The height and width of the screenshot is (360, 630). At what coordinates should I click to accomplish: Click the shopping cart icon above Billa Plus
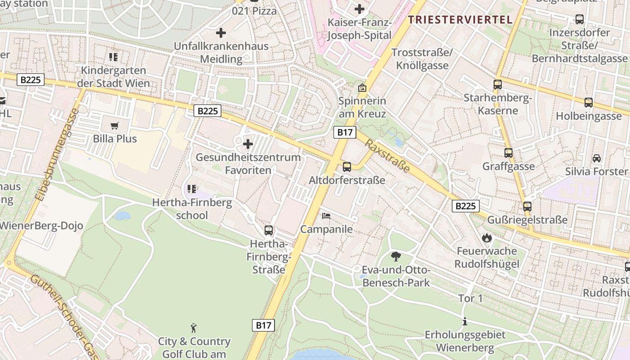click(x=115, y=126)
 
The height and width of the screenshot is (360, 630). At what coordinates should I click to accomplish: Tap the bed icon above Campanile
click(x=326, y=216)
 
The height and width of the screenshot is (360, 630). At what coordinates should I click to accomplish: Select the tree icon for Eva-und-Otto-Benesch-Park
click(x=396, y=256)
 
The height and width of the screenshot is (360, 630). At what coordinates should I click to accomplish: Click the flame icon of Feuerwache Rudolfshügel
click(x=486, y=238)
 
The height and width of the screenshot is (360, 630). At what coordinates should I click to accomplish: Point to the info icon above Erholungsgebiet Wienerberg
click(x=465, y=322)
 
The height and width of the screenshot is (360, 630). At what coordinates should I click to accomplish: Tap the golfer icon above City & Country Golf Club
click(x=194, y=328)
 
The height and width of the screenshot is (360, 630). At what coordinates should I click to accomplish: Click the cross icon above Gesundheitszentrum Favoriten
click(x=247, y=144)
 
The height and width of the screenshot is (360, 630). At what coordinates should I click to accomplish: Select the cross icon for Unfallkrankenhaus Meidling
click(x=221, y=33)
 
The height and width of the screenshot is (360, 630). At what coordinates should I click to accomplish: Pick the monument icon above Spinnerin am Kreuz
click(x=362, y=88)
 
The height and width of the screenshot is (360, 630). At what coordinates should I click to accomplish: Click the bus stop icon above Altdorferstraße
click(x=347, y=167)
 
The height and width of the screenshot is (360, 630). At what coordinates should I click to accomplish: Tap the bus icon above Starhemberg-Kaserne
click(x=498, y=85)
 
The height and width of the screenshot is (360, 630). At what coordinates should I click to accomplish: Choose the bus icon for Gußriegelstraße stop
click(x=527, y=207)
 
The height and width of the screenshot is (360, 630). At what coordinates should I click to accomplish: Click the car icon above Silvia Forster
click(x=597, y=158)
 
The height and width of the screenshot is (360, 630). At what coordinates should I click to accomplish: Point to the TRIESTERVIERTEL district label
click(x=460, y=20)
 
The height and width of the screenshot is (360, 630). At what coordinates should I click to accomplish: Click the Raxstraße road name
click(x=387, y=156)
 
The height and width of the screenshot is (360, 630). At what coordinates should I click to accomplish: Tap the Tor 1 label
click(x=470, y=298)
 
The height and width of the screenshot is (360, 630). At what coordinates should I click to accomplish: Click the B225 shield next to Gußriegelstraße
click(x=465, y=206)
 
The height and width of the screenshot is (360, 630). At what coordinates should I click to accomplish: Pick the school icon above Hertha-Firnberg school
click(x=191, y=189)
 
